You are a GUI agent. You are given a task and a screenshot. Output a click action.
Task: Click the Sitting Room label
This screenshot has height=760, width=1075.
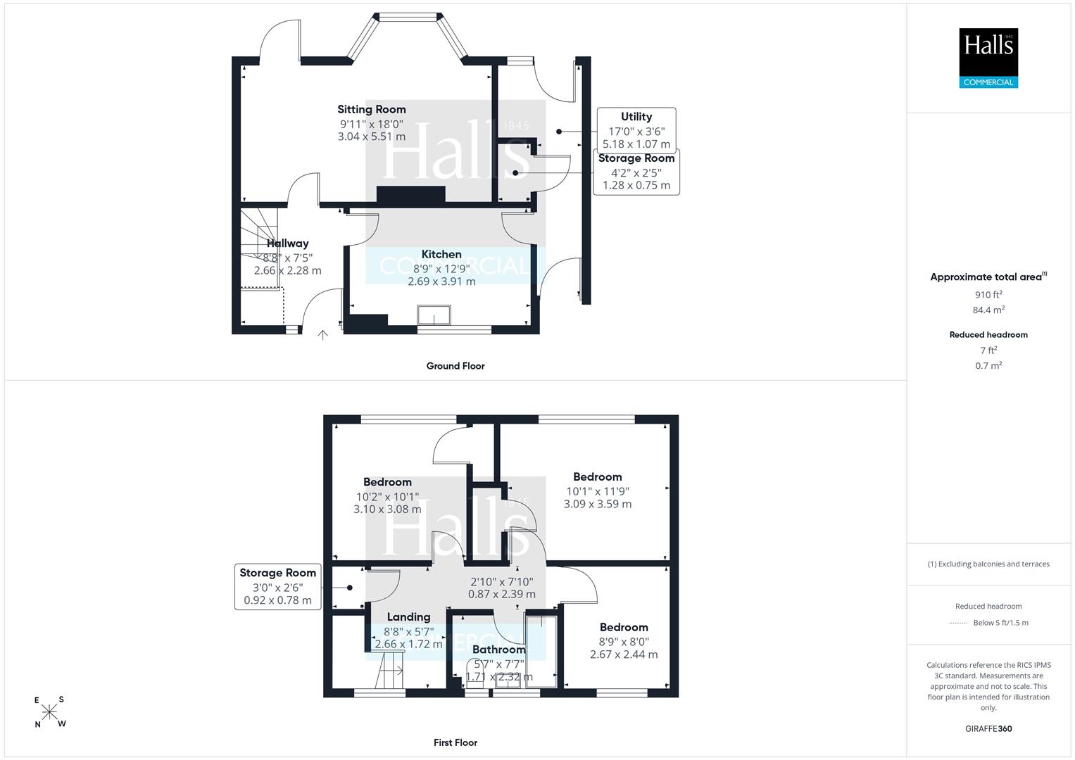[x=372, y=109]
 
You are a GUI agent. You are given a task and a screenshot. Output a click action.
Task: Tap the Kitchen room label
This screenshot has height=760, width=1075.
[x=441, y=254]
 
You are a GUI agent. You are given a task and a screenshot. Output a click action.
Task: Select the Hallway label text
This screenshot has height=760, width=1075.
[x=287, y=243]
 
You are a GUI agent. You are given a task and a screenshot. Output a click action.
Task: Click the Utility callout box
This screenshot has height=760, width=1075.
[x=636, y=130]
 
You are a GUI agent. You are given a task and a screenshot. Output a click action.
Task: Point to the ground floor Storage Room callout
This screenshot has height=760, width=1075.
[x=636, y=172]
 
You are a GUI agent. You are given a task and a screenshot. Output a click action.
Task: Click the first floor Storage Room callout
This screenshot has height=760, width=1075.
[x=278, y=586]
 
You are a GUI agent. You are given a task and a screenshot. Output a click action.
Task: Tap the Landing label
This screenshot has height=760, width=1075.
[x=408, y=617]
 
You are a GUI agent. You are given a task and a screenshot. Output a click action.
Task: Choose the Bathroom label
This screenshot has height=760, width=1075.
[x=498, y=650]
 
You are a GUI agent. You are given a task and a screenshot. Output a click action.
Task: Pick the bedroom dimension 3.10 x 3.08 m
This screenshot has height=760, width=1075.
[x=387, y=509]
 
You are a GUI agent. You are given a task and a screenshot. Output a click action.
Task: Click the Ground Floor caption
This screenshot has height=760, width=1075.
[x=455, y=366]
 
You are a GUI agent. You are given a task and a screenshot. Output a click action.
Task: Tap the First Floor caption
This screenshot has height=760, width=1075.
[x=455, y=742]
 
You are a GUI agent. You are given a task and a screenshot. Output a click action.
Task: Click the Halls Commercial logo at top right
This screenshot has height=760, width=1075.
[x=988, y=58]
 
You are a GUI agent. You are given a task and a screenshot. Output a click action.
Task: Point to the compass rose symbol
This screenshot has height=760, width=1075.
[x=49, y=712]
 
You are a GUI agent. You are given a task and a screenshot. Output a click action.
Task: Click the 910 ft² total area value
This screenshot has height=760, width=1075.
[x=988, y=295]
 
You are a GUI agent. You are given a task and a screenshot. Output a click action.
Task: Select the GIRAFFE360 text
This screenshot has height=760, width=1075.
[x=988, y=728]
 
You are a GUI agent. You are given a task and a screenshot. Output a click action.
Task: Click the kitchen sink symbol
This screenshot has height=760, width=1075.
[x=434, y=315]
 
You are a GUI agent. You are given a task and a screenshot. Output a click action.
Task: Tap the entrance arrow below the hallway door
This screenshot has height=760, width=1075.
[x=322, y=335]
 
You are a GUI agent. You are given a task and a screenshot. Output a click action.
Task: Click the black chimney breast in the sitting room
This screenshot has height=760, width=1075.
[x=411, y=194]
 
